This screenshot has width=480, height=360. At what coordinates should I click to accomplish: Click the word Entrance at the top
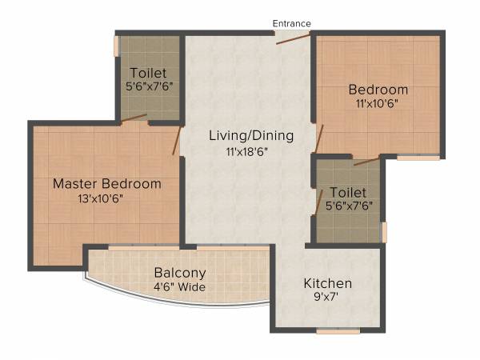[x=291, y=23]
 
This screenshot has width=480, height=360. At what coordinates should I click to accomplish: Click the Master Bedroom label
[x=106, y=184]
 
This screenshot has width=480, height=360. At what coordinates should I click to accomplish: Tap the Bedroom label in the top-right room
[x=378, y=90]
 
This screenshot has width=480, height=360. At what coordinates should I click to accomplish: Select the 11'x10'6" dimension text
[x=378, y=104]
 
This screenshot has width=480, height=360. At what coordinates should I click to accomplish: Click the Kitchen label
[x=327, y=284]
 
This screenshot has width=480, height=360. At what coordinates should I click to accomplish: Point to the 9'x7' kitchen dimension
[x=327, y=298]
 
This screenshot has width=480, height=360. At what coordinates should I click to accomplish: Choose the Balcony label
[x=180, y=272]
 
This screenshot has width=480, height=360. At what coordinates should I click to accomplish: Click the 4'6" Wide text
[x=180, y=286]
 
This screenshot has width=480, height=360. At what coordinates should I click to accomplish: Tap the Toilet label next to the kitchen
[x=348, y=193]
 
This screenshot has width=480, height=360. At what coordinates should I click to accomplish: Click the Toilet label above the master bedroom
[x=149, y=73]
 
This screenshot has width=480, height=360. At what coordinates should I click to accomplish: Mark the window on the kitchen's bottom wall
[x=337, y=330]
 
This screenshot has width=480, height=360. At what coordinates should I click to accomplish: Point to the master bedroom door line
[x=175, y=141]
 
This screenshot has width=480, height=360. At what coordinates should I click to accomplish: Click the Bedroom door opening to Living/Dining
[x=319, y=138]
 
